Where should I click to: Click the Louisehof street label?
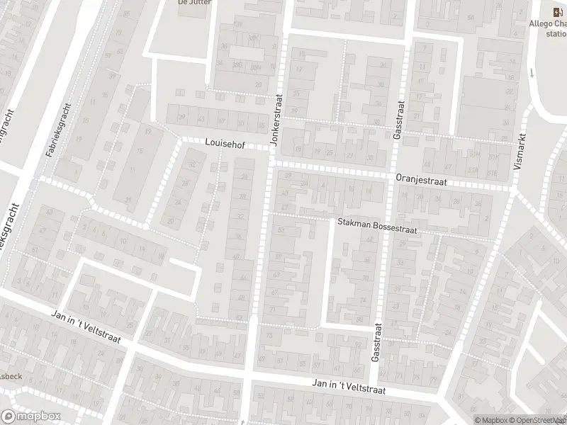click(225, 142)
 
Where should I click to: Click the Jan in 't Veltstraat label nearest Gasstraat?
click(347, 385)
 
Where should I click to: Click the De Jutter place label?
click(192, 2)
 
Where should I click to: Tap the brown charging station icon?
click(557, 11)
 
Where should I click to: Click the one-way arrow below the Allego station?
click(532, 73)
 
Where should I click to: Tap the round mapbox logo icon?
click(9, 416)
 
